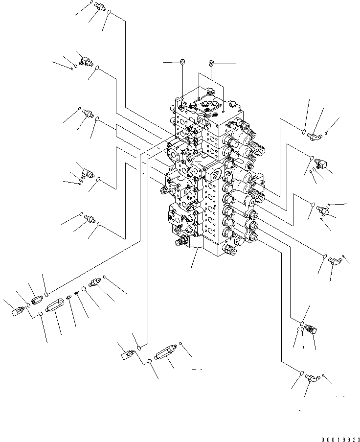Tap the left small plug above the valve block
coord(182,62)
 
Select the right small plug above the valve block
coord(211,62)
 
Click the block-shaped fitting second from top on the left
coord(84,61)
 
